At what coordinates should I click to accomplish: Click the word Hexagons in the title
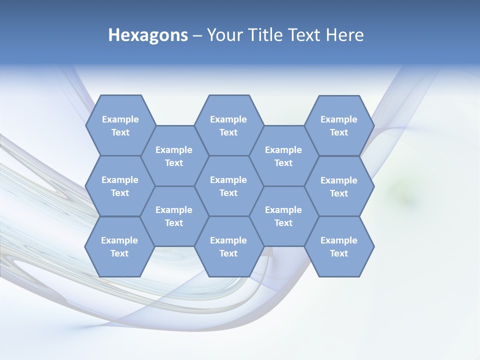pyautogui.click(x=148, y=35)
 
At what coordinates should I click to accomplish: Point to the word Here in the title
pyautogui.click(x=345, y=35)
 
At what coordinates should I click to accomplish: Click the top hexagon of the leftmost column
pyautogui.click(x=120, y=125)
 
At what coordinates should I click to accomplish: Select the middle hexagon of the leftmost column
pyautogui.click(x=120, y=186)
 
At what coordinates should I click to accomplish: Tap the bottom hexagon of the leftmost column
pyautogui.click(x=119, y=246)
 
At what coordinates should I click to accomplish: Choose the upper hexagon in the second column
pyautogui.click(x=174, y=156)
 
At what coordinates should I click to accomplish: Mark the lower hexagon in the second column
pyautogui.click(x=174, y=216)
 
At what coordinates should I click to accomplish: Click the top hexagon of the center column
pyautogui.click(x=228, y=125)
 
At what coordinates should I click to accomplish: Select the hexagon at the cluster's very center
pyautogui.click(x=228, y=186)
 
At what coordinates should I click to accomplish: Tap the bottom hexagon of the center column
pyautogui.click(x=228, y=246)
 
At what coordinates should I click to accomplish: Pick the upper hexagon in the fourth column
pyautogui.click(x=283, y=156)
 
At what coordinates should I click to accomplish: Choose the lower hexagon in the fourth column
pyautogui.click(x=283, y=216)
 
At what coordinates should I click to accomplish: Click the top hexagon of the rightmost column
pyautogui.click(x=339, y=125)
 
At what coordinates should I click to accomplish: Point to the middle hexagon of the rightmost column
pyautogui.click(x=339, y=186)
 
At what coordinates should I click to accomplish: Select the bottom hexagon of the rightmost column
pyautogui.click(x=339, y=246)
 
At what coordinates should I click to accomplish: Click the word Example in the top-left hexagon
pyautogui.click(x=120, y=119)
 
